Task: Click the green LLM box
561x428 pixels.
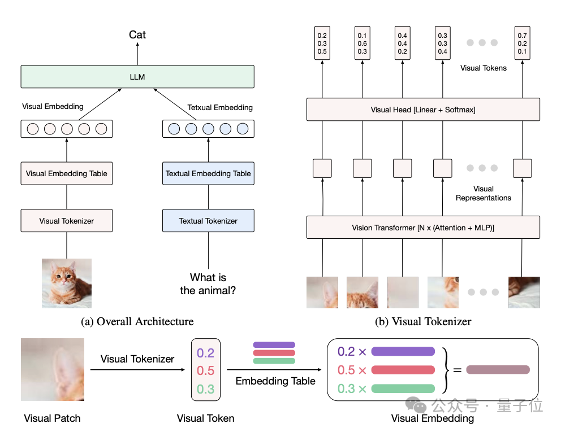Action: point(137,76)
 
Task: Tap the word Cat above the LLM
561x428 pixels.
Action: point(137,34)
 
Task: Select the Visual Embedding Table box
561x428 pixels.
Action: point(67,173)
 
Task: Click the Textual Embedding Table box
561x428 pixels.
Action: point(208,173)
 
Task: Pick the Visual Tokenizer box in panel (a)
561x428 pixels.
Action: point(67,221)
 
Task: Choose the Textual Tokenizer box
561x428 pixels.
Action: point(208,221)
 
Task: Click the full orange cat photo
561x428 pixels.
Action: point(67,283)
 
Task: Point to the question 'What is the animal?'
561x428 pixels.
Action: point(208,284)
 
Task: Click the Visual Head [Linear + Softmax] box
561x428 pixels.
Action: point(423,110)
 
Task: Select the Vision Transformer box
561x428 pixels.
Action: point(423,227)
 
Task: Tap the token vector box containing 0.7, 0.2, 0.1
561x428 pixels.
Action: point(522,43)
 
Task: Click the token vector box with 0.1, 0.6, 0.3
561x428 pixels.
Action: point(362,43)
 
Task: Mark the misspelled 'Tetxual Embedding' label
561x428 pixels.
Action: point(220,107)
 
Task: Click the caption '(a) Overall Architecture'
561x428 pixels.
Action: point(137,321)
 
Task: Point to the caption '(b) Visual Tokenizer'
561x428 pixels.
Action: point(423,321)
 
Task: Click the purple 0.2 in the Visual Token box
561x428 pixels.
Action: point(205,353)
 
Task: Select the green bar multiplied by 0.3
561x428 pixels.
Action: point(403,388)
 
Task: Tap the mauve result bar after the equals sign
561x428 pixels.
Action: point(498,370)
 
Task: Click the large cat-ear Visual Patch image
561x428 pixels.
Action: point(53,369)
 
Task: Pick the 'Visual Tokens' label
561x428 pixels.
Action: point(484,68)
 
